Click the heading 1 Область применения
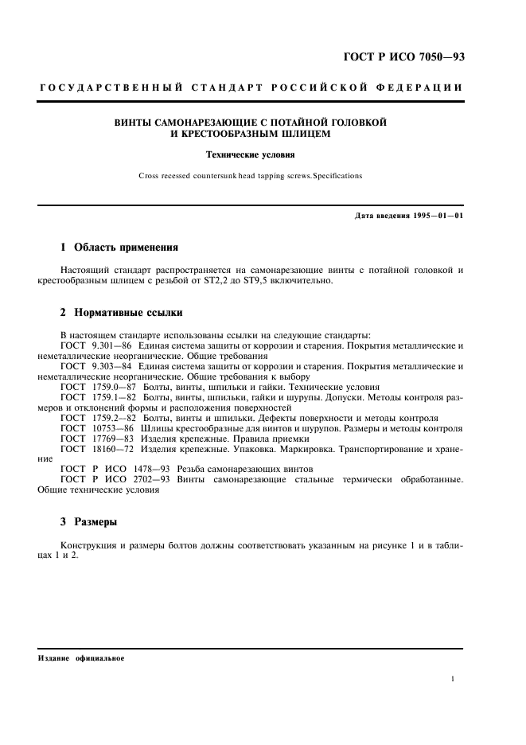point(119,248)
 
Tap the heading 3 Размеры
point(88,522)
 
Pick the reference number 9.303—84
point(111,366)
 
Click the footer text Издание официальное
point(81,659)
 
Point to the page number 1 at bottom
point(453,679)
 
